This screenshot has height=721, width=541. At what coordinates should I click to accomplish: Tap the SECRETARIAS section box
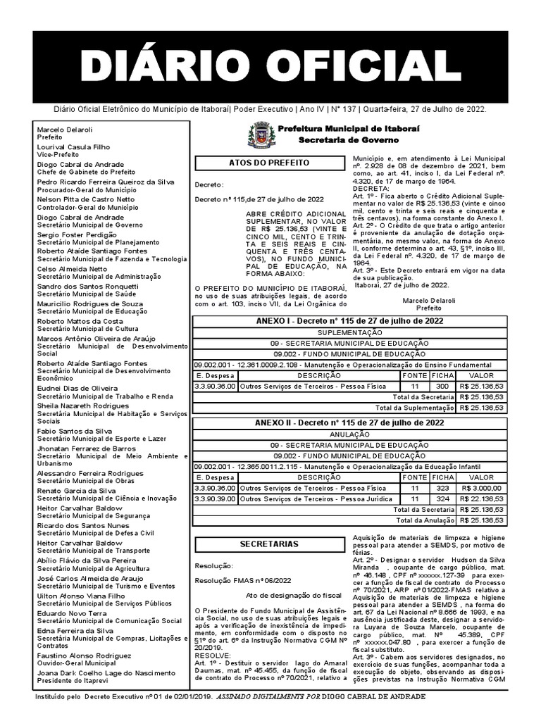tap(269, 544)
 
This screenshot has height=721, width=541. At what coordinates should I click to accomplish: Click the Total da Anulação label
tap(425, 520)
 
